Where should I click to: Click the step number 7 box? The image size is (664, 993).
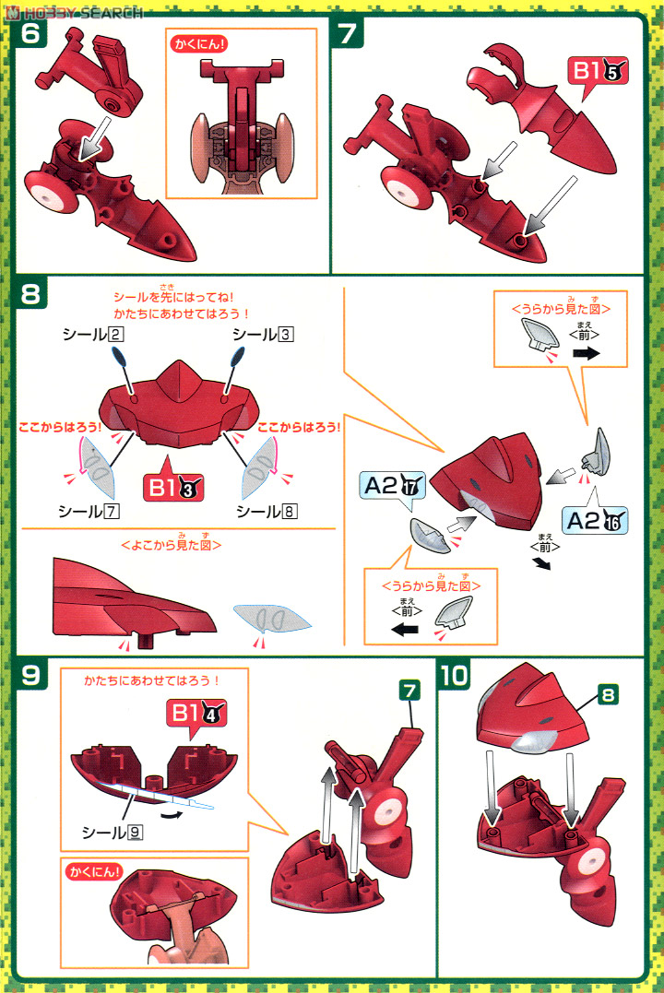pyautogui.click(x=350, y=34)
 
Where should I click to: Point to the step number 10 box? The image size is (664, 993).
pyautogui.click(x=456, y=676)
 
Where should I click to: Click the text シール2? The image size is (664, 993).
pyautogui.click(x=92, y=335)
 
